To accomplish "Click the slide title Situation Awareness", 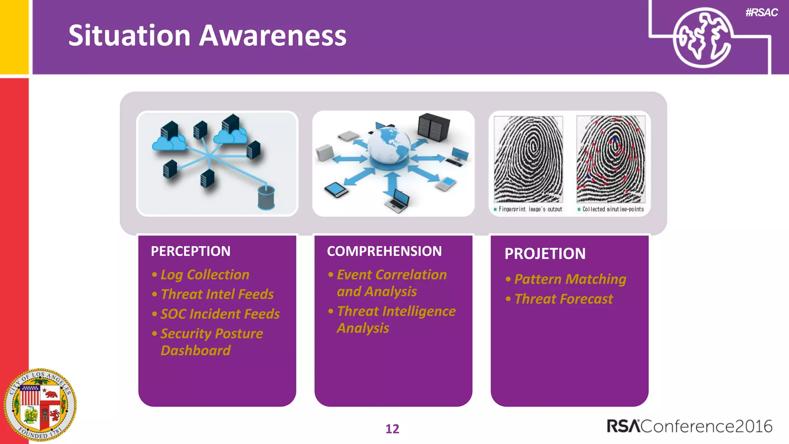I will (x=207, y=35).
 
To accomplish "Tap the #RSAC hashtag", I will (x=761, y=13).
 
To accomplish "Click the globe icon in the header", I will (x=702, y=37).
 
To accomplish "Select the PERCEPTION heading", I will (x=190, y=251).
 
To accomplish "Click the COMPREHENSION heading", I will (x=384, y=251).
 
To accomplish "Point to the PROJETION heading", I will (x=545, y=254).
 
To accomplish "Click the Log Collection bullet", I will (x=205, y=275).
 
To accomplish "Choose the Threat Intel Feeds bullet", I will (x=217, y=294).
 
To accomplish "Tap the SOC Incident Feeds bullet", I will (x=220, y=314).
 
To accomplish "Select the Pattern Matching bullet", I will (x=570, y=279).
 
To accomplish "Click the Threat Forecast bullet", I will (x=563, y=299).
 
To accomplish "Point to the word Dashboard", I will (x=195, y=351).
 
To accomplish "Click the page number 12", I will (x=392, y=429).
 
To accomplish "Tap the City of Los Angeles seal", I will (x=40, y=405).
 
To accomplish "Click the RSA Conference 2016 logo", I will (x=689, y=426).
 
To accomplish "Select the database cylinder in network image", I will (x=266, y=197).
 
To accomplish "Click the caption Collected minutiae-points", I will (x=613, y=209).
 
